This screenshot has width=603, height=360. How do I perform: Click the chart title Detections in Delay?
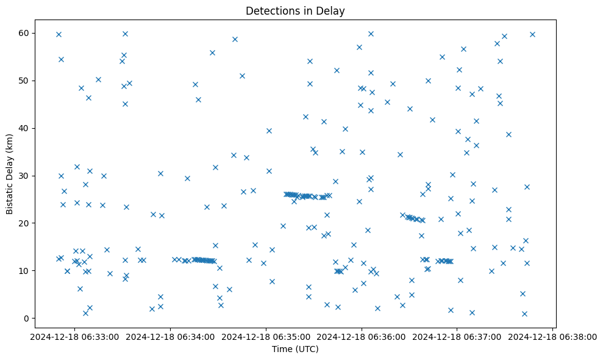295,10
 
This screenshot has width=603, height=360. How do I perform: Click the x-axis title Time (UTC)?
295,349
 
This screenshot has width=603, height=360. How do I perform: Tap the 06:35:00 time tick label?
266,336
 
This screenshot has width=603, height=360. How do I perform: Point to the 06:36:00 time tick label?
362,336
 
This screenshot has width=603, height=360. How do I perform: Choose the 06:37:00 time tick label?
457,336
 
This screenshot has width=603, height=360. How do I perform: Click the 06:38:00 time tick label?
553,336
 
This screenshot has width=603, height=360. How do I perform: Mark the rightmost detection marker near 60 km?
532,34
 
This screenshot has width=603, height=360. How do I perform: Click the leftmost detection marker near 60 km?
59,34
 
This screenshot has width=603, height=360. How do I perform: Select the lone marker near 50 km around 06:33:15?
98,79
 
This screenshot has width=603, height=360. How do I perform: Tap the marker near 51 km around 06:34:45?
242,76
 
